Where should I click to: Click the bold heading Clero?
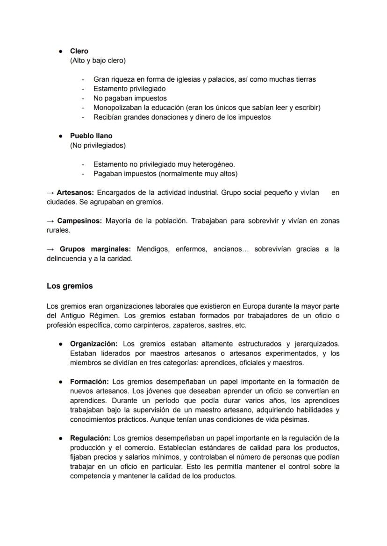[x=79, y=51]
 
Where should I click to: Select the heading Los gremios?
[x=70, y=286]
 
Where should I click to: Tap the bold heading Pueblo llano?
[x=91, y=136]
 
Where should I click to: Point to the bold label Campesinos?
[x=79, y=220]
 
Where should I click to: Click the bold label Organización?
[x=93, y=344]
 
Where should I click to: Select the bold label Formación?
[x=90, y=382]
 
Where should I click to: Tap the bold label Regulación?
[x=91, y=438]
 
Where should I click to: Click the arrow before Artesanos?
[x=50, y=192]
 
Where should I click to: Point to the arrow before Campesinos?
[x=50, y=220]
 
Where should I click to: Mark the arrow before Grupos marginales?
[x=50, y=249]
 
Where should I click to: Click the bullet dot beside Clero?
[x=61, y=51]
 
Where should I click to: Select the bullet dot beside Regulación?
[x=61, y=438]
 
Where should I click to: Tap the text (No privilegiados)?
[x=98, y=145]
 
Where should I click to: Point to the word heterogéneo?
[x=214, y=164]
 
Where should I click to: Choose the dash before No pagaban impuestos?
[x=83, y=98]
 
